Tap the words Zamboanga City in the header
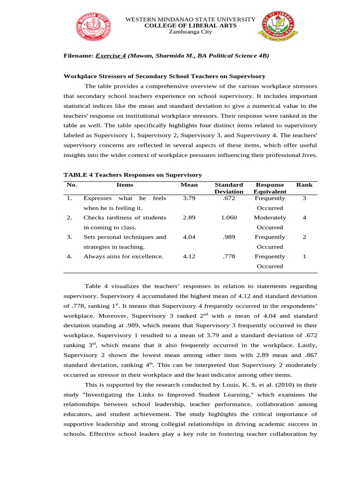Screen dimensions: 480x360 tap(190, 32)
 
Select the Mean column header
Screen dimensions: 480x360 tap(189, 185)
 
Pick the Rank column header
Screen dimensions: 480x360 tap(304, 185)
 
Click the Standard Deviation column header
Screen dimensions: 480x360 tap(229, 188)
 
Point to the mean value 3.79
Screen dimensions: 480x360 tap(189, 198)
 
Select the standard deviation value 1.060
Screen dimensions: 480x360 tap(229, 217)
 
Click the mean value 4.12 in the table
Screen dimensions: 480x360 tap(189, 256)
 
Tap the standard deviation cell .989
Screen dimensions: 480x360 tap(229, 237)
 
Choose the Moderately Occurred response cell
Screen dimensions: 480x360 tap(270, 222)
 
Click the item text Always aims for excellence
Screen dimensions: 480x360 tap(123, 256)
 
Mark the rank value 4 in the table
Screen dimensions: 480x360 tap(304, 217)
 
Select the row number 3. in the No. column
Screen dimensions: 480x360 tap(69, 237)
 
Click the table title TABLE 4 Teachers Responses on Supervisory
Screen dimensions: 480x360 tap(133, 175)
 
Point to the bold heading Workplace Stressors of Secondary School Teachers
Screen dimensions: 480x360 tap(164, 76)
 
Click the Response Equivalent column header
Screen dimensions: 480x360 tap(270, 188)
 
